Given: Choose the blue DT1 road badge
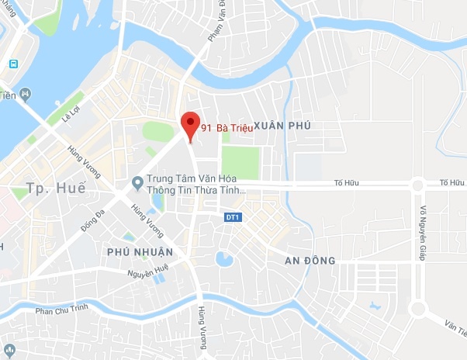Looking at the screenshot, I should (231, 217).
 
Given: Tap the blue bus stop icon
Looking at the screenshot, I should (12, 63).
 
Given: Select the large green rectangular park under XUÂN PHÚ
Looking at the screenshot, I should (239, 162).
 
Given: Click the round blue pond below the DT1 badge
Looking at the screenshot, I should (224, 258).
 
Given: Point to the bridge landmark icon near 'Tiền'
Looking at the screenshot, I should (26, 95).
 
